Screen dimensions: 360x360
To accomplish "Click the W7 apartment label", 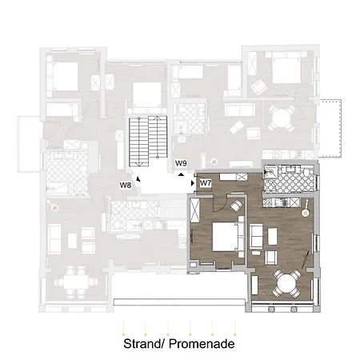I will tap(206, 182).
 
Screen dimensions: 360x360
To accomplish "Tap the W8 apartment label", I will tap(126, 186).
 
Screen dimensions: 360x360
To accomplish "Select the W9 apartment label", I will tap(181, 162).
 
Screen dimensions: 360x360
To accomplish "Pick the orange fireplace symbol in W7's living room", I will tap(305, 214).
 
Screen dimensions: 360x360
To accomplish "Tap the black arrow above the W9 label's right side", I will tap(184, 172).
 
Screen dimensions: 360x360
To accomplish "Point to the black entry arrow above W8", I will tap(138, 178).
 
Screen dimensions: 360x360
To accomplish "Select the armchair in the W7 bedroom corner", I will tap(237, 207).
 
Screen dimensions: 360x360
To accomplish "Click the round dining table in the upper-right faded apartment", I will tap(280, 118).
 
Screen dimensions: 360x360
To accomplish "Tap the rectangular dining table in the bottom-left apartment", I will tap(78, 280).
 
